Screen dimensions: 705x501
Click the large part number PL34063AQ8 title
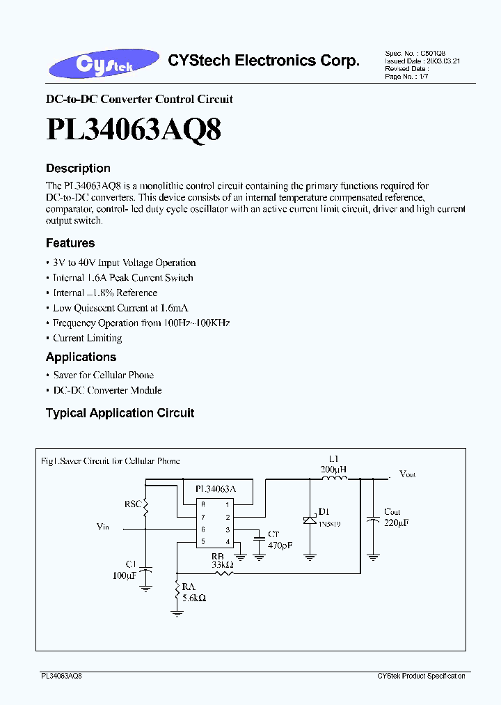point(134,130)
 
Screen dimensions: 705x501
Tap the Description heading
point(78,169)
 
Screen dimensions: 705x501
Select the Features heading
point(70,243)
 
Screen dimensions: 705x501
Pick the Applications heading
point(81,357)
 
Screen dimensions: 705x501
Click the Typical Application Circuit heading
point(120,413)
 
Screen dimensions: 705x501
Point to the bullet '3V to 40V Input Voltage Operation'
point(125,263)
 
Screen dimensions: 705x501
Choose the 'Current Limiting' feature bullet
point(88,338)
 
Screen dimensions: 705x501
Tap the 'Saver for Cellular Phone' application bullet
point(104,375)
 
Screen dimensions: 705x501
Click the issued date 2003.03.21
point(443,61)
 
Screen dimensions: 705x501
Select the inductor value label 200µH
point(333,470)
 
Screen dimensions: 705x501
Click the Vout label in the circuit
point(407,474)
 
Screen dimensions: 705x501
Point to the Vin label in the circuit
point(103,527)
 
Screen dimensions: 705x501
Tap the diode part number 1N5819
point(330,523)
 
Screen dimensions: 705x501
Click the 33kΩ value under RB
point(223,565)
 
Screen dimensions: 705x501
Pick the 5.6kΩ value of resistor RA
point(194,598)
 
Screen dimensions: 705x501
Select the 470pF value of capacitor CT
point(280,545)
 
